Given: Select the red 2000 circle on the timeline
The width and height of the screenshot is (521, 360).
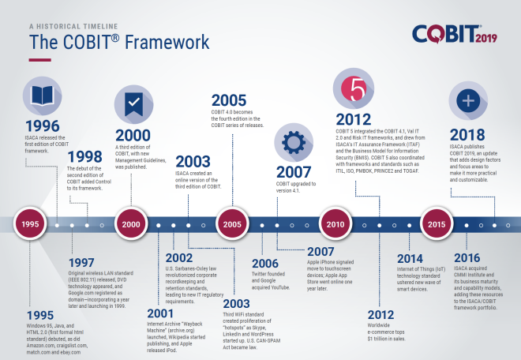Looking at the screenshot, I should point(132,224).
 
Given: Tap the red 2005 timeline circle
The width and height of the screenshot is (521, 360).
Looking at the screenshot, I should point(231,224).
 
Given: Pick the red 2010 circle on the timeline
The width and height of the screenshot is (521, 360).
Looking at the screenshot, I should point(335,224).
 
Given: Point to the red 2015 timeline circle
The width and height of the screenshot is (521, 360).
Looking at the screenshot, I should point(435,224).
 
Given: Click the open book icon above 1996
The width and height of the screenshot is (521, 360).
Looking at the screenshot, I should point(39,96).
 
